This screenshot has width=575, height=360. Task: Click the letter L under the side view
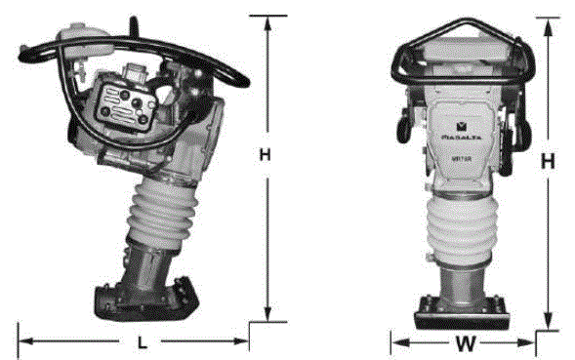click(142, 343)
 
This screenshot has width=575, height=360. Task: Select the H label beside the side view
click(264, 154)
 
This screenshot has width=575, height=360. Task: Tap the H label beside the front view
click(549, 163)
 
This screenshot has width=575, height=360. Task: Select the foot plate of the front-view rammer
click(464, 312)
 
